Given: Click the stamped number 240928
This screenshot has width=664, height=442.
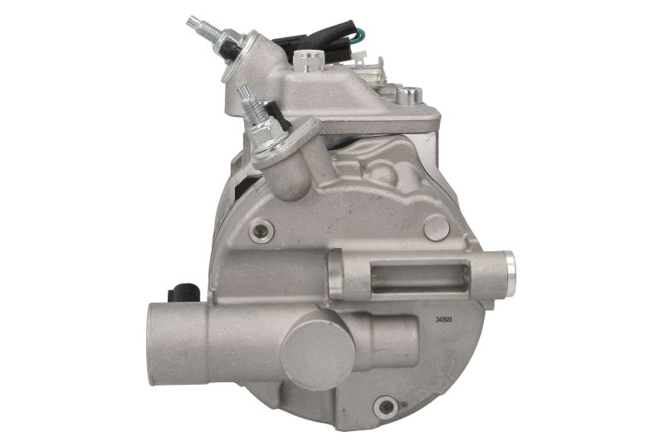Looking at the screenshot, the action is [444, 320].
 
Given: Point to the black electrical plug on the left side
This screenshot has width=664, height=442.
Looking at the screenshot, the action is [184, 292].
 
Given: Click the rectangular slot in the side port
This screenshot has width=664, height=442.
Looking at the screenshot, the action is [419, 276].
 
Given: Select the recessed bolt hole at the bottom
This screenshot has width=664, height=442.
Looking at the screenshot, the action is [386, 407].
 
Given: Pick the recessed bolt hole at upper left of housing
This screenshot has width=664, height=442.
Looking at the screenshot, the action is [261, 231].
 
